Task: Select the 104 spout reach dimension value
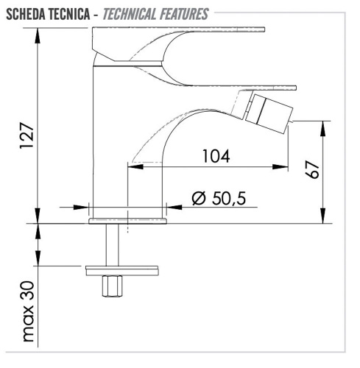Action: tap(213, 156)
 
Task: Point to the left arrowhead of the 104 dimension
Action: tap(133, 166)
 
